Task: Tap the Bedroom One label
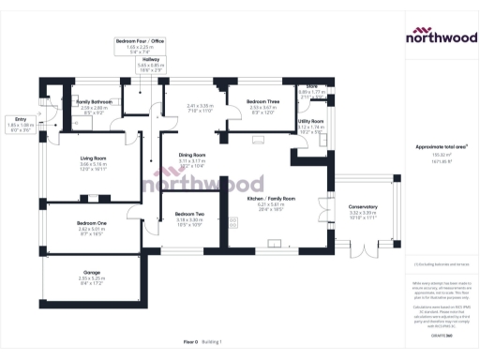click(x=92, y=222)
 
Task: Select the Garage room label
click(x=92, y=273)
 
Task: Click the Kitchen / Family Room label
click(x=270, y=199)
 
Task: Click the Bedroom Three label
click(x=263, y=101)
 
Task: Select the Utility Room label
click(x=311, y=121)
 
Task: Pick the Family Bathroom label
click(x=94, y=101)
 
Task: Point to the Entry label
click(x=21, y=119)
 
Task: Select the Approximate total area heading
click(x=440, y=147)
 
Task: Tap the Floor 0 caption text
click(x=190, y=342)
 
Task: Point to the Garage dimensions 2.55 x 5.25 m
click(x=92, y=278)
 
